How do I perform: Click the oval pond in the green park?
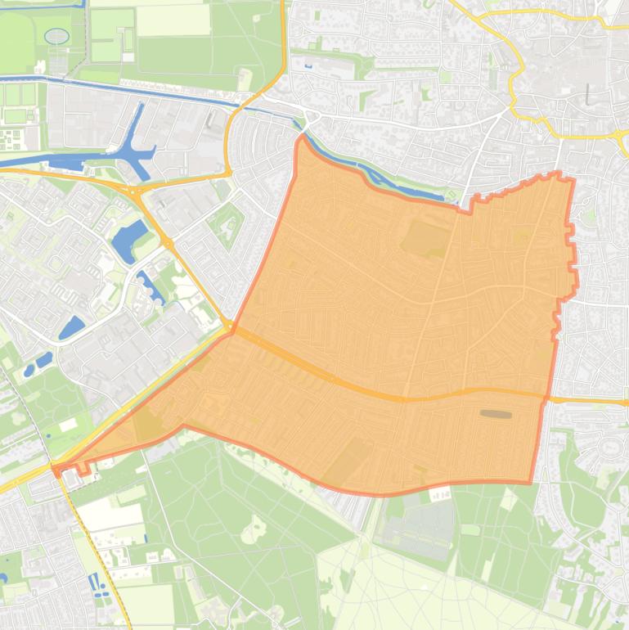[56, 36]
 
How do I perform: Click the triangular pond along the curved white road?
[71, 327]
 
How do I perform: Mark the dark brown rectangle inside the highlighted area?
[496, 415]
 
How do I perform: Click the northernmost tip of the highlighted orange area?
[301, 137]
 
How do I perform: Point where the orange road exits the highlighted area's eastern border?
[546, 398]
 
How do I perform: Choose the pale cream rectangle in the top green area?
[173, 21]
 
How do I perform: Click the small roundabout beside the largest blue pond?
[168, 243]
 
